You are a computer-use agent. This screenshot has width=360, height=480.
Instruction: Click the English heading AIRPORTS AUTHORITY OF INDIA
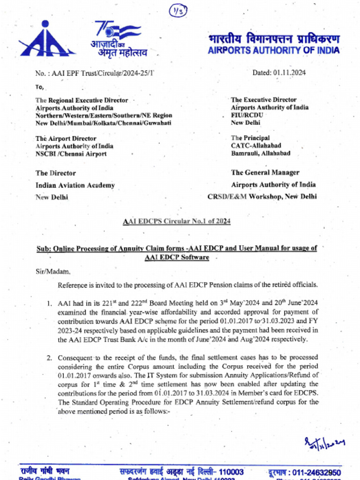click(274, 51)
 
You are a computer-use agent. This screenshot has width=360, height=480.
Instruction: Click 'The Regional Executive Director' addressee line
click(82, 100)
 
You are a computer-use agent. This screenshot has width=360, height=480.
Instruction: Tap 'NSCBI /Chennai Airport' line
click(71, 154)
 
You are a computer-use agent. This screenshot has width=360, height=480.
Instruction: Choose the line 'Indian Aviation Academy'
click(75, 185)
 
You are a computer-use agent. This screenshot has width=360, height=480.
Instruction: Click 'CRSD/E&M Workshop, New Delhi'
click(262, 197)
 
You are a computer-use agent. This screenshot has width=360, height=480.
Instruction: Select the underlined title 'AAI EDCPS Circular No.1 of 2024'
click(176, 221)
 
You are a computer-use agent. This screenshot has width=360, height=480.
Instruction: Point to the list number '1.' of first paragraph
click(49, 304)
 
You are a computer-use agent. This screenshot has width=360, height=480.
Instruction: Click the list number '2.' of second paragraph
click(49, 358)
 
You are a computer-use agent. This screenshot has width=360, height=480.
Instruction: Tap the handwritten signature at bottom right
click(323, 442)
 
